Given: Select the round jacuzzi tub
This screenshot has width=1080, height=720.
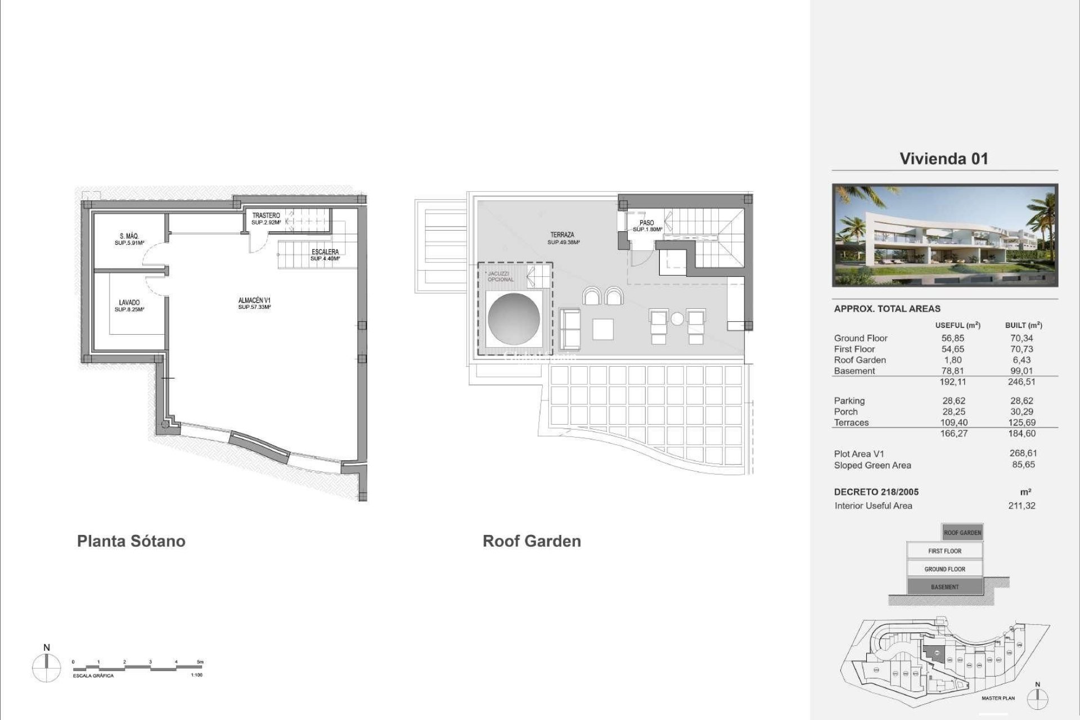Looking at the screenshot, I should coord(514,319).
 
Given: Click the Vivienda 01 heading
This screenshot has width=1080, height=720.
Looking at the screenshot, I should coord(944,159).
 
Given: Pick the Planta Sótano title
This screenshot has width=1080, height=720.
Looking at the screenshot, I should coord(131,541).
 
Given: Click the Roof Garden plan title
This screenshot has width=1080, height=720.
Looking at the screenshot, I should coord(532,541).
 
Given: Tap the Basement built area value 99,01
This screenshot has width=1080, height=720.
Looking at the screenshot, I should coord(1021,371).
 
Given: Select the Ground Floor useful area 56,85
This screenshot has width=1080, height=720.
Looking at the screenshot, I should coord(953,338).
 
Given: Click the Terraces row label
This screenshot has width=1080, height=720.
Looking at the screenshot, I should coord(851,422).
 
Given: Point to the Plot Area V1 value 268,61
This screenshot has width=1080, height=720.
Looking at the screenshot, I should coord(1023,453).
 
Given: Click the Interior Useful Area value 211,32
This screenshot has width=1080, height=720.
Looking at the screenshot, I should coord(1021,505).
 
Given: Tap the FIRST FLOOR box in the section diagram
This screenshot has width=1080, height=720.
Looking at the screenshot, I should coord(944,551).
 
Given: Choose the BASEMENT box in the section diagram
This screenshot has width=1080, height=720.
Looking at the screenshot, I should coord(944,587).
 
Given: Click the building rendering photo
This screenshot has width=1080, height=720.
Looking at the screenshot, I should coord(945,235).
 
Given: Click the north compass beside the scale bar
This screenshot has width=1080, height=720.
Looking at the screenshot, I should coord(47,668).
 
